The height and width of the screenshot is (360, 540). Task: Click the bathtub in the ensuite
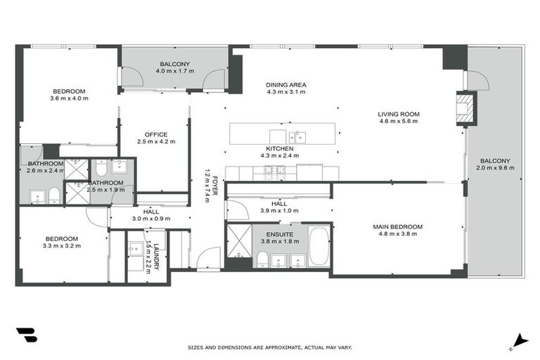(319, 246)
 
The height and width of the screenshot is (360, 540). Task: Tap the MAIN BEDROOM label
(398, 226)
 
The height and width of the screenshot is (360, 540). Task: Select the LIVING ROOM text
(398, 114)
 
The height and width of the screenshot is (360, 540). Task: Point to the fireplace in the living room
(466, 108)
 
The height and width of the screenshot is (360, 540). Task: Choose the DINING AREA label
(285, 85)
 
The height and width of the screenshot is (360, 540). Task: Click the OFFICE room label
(155, 134)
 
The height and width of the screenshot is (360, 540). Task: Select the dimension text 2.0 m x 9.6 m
(496, 168)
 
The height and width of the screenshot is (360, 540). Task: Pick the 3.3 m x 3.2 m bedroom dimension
(62, 246)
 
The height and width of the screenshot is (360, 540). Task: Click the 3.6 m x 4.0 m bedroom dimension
(68, 98)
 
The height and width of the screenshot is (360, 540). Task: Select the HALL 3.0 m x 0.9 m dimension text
(150, 219)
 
